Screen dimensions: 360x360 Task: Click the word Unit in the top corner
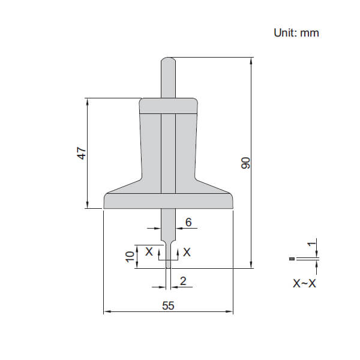pyautogui.click(x=285, y=32)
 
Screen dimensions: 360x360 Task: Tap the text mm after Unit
pyautogui.click(x=310, y=32)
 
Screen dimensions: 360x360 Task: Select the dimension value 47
pyautogui.click(x=82, y=153)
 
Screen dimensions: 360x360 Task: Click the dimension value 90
pyautogui.click(x=245, y=163)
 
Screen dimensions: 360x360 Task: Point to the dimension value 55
pyautogui.click(x=168, y=305)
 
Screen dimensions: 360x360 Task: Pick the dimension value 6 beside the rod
pyautogui.click(x=188, y=222)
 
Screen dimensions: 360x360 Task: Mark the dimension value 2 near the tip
pyautogui.click(x=183, y=280)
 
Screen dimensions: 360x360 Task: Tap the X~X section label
pyautogui.click(x=304, y=283)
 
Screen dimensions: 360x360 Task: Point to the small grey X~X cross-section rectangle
pyautogui.click(x=292, y=259)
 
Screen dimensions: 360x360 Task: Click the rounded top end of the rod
pyautogui.click(x=168, y=61)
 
